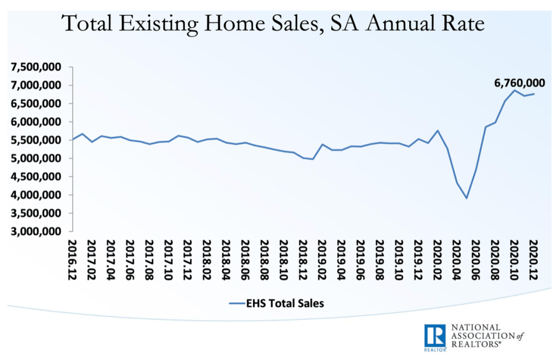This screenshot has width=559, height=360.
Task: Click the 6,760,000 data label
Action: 519,83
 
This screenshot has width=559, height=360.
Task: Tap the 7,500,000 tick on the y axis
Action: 36,67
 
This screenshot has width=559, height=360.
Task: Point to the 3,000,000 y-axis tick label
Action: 36,232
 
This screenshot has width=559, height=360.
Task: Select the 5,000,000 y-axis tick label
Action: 36,158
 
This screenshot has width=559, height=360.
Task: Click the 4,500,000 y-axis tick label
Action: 36,177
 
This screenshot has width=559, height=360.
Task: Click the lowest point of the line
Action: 467,198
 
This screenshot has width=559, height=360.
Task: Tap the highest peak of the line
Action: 514,90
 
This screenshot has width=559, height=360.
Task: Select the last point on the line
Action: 534,94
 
